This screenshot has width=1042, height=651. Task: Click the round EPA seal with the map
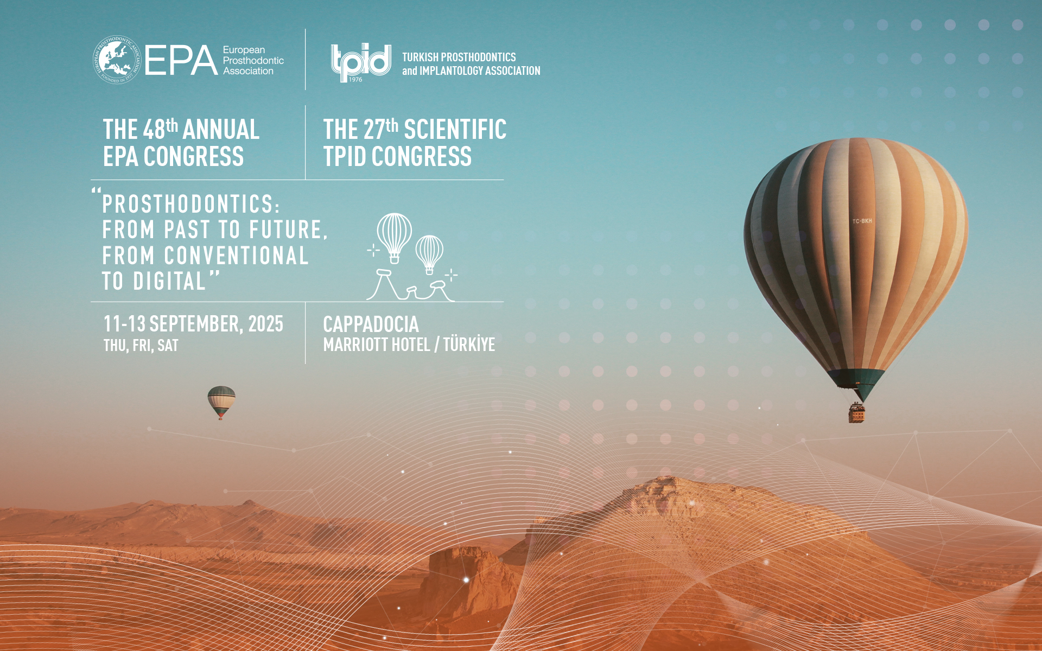click(x=117, y=60)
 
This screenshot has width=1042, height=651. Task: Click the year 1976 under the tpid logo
click(x=355, y=80)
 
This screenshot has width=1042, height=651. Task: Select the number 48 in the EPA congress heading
click(x=154, y=130)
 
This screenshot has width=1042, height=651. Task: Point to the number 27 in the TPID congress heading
click(x=374, y=130)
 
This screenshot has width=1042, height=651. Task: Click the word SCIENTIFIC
click(x=455, y=130)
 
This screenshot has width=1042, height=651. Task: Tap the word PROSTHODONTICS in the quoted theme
click(x=191, y=205)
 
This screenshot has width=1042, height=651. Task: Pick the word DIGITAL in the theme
click(x=170, y=281)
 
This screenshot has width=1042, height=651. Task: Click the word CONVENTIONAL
click(x=237, y=256)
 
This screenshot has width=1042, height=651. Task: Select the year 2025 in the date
click(x=266, y=324)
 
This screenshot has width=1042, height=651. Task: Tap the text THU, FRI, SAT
click(x=141, y=346)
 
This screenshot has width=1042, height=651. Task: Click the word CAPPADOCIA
click(x=371, y=324)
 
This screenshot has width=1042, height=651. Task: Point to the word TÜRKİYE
click(x=469, y=344)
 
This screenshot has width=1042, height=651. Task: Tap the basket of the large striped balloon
click(x=856, y=413)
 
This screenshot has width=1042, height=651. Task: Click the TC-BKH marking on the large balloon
click(x=862, y=221)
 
